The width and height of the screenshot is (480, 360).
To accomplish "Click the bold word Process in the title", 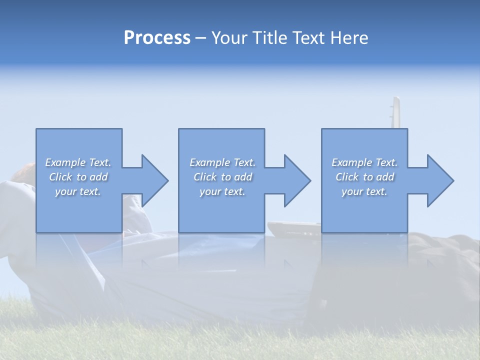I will [x=157, y=38].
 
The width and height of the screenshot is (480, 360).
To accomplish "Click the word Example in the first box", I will [x=65, y=162].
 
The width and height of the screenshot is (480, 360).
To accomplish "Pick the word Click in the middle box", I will [x=204, y=177].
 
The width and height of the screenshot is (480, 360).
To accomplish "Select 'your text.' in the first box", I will [x=78, y=191].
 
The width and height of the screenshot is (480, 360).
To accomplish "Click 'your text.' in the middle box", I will [x=222, y=191].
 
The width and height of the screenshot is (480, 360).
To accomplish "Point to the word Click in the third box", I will [x=347, y=177].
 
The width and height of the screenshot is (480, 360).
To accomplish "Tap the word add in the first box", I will [x=98, y=177].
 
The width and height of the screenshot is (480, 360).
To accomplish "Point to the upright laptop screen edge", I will [x=395, y=112].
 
